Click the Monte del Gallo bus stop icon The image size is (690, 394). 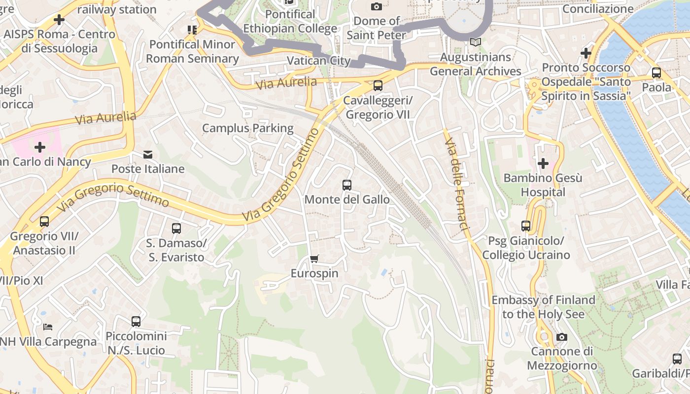click(x=347, y=185)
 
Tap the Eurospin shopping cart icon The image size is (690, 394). click(x=314, y=259)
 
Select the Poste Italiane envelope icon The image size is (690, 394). click(x=147, y=155)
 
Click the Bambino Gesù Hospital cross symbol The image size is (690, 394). click(x=543, y=163)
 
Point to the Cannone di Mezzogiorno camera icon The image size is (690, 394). click(x=561, y=337)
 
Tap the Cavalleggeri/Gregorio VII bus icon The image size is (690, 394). click(x=378, y=85)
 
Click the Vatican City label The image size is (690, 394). click(x=318, y=61)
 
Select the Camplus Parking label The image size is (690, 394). click(x=248, y=129)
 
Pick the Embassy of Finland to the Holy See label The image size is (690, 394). click(x=543, y=307)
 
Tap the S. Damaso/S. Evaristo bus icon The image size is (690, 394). click(x=176, y=229)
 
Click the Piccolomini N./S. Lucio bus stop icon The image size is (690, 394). click(x=136, y=322)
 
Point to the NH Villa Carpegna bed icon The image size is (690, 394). click(x=48, y=327)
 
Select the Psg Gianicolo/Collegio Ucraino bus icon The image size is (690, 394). click(x=526, y=226)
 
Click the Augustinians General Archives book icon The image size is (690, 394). click(x=475, y=42)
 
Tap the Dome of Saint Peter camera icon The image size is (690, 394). click(x=377, y=6)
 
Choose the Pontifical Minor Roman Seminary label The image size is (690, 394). click(x=192, y=51)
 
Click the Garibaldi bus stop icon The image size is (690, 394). click(x=677, y=359)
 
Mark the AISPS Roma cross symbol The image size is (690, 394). click(x=59, y=20)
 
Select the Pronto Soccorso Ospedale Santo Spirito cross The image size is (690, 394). click(x=586, y=53)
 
